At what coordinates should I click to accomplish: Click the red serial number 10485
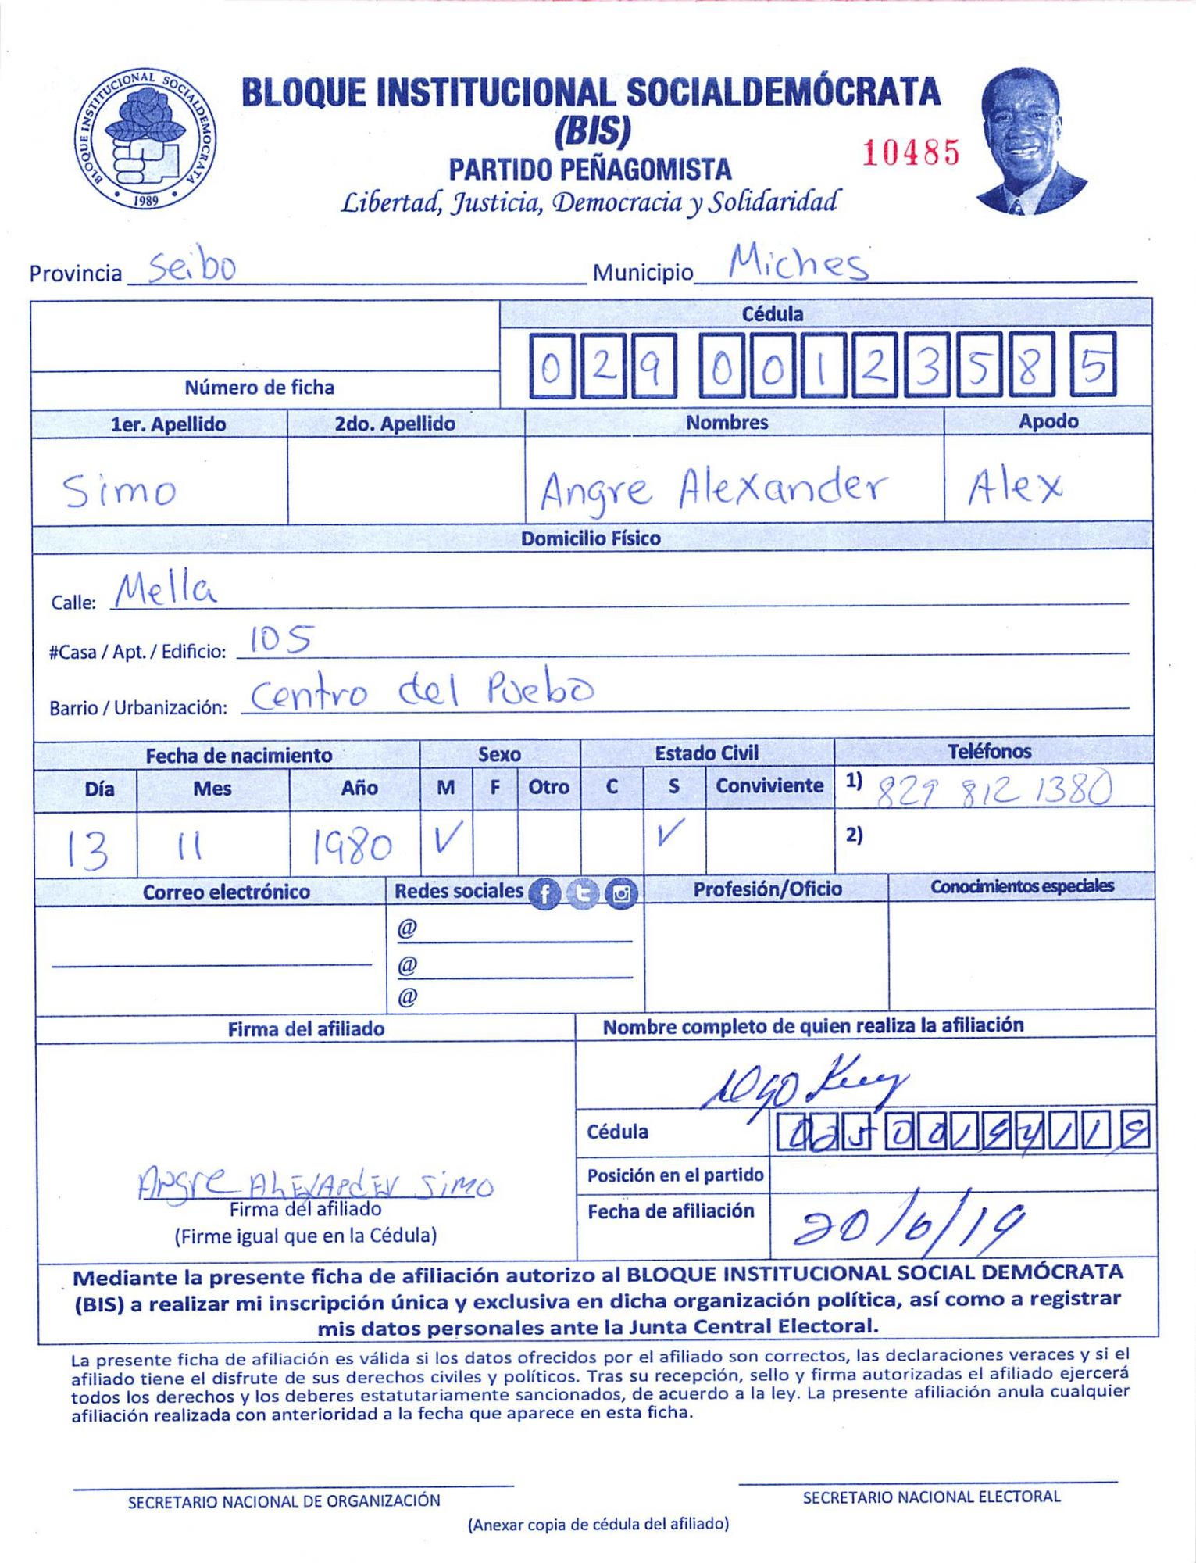(910, 152)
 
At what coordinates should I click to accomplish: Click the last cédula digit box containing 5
(1094, 365)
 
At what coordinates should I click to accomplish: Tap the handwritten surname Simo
(120, 491)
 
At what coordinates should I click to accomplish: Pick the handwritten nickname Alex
(1015, 488)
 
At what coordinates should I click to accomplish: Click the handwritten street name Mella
(165, 591)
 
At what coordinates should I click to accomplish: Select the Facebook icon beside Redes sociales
(545, 893)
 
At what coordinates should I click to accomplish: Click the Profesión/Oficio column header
(767, 889)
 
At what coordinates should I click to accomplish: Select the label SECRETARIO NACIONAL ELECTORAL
(931, 1497)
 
